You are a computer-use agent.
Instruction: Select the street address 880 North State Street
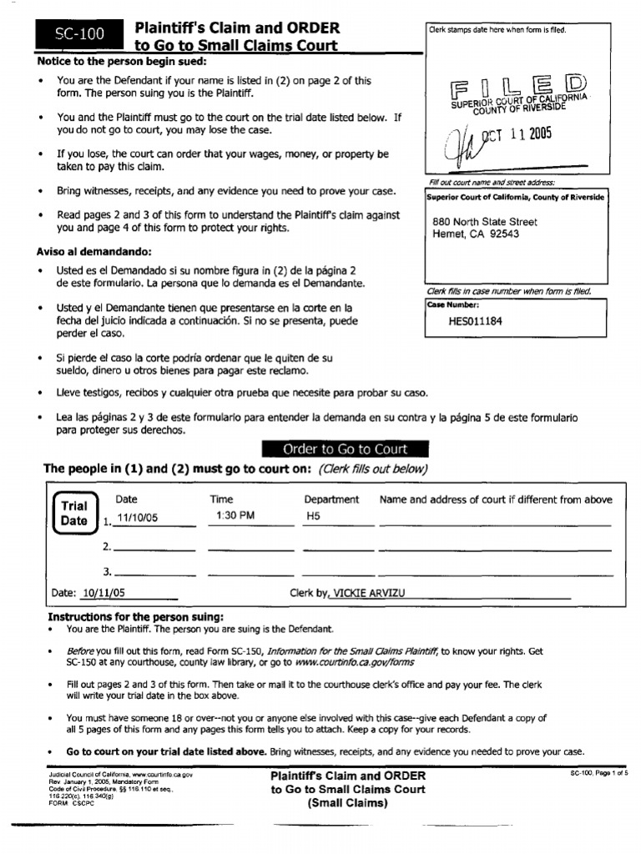tap(485, 222)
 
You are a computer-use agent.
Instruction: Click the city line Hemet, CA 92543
tap(476, 234)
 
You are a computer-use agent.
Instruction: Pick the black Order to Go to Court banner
tap(346, 450)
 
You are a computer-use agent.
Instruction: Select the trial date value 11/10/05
tap(137, 518)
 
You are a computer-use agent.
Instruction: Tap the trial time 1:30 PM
tap(235, 516)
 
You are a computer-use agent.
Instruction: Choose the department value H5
tap(313, 516)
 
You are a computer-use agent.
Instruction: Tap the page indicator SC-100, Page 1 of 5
tap(598, 774)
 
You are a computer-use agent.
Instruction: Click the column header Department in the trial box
tap(331, 500)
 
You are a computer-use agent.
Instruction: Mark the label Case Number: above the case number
tap(453, 305)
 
